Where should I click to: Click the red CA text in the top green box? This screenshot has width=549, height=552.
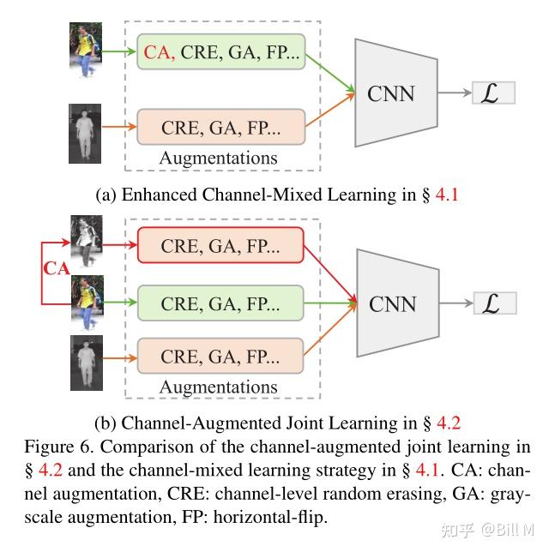pyautogui.click(x=159, y=53)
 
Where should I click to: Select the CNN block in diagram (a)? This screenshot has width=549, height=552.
pyautogui.click(x=392, y=93)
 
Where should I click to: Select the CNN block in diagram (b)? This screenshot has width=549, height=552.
pyautogui.click(x=392, y=303)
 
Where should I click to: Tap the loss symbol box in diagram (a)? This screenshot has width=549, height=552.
pyautogui.click(x=493, y=93)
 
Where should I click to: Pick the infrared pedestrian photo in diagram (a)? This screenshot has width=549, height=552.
pyautogui.click(x=85, y=134)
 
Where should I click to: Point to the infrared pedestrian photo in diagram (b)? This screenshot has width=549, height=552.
pyautogui.click(x=86, y=357)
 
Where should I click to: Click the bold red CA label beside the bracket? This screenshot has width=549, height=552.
pyautogui.click(x=57, y=270)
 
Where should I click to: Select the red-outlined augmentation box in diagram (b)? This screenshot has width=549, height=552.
pyautogui.click(x=220, y=245)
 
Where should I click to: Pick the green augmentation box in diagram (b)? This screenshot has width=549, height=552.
pyautogui.click(x=220, y=303)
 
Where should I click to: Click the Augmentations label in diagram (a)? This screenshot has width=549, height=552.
pyautogui.click(x=218, y=159)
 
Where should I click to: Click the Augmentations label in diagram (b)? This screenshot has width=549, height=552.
pyautogui.click(x=218, y=387)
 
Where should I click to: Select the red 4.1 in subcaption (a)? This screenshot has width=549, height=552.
pyautogui.click(x=448, y=195)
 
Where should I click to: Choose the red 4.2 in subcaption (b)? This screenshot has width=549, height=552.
pyautogui.click(x=449, y=423)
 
